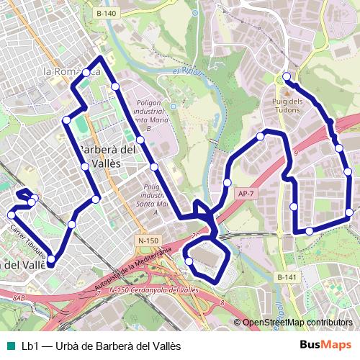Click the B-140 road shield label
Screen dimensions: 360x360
click(x=105, y=13)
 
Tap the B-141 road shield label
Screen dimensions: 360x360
click(x=287, y=277)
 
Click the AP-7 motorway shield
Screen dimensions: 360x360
click(x=246, y=193)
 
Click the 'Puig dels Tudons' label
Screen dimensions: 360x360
click(x=287, y=105)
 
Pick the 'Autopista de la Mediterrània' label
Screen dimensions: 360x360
click(x=134, y=268)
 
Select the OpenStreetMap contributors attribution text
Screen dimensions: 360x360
click(x=297, y=323)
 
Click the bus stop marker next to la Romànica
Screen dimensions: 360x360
click(x=86, y=72)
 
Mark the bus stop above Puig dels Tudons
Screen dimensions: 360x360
click(x=287, y=76)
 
